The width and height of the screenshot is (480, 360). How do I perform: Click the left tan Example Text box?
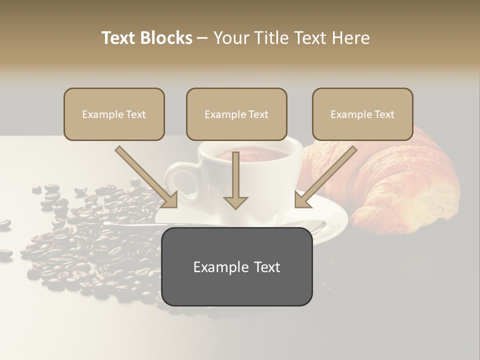tap(114, 114)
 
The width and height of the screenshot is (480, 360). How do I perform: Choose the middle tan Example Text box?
tap(236, 114)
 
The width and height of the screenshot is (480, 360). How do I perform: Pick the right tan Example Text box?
tap(362, 114)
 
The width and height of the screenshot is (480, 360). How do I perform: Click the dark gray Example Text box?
tap(236, 266)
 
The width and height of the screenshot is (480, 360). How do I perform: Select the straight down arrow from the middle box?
tap(235, 180)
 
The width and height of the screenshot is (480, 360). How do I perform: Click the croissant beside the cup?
tap(400, 185)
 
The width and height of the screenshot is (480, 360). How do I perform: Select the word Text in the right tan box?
tap(383, 114)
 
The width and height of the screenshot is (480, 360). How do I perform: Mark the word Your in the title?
tap(231, 38)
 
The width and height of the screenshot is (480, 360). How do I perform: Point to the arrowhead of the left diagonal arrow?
tap(170, 200)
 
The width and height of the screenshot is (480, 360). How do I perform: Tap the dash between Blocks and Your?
tap(202, 38)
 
